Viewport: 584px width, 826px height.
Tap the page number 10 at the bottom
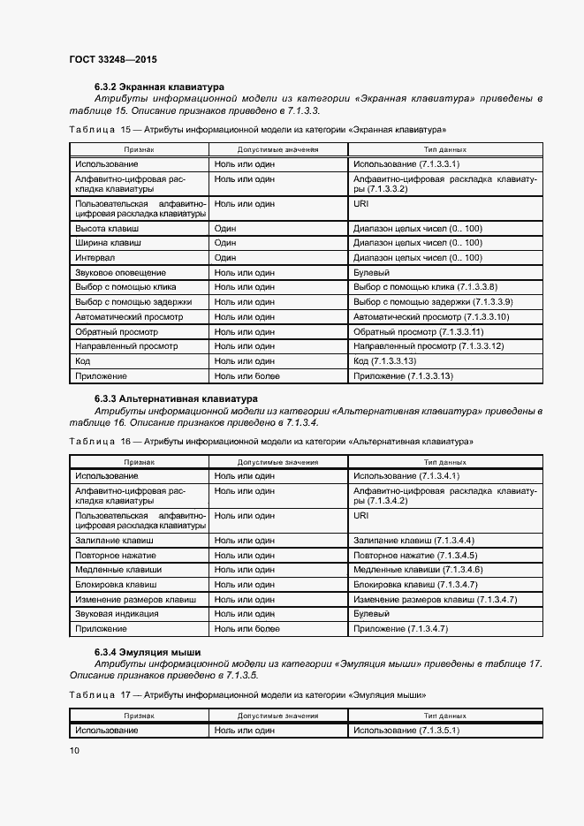pyautogui.click(x=74, y=750)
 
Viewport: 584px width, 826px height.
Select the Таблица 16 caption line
pyautogui.click(x=270, y=440)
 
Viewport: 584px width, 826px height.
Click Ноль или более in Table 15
pyautogui.click(x=246, y=375)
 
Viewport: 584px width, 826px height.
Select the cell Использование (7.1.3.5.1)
pyautogui.click(x=406, y=731)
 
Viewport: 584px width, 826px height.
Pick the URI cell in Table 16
pyautogui.click(x=360, y=515)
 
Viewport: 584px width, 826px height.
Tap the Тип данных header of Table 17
pyautogui.click(x=445, y=715)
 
